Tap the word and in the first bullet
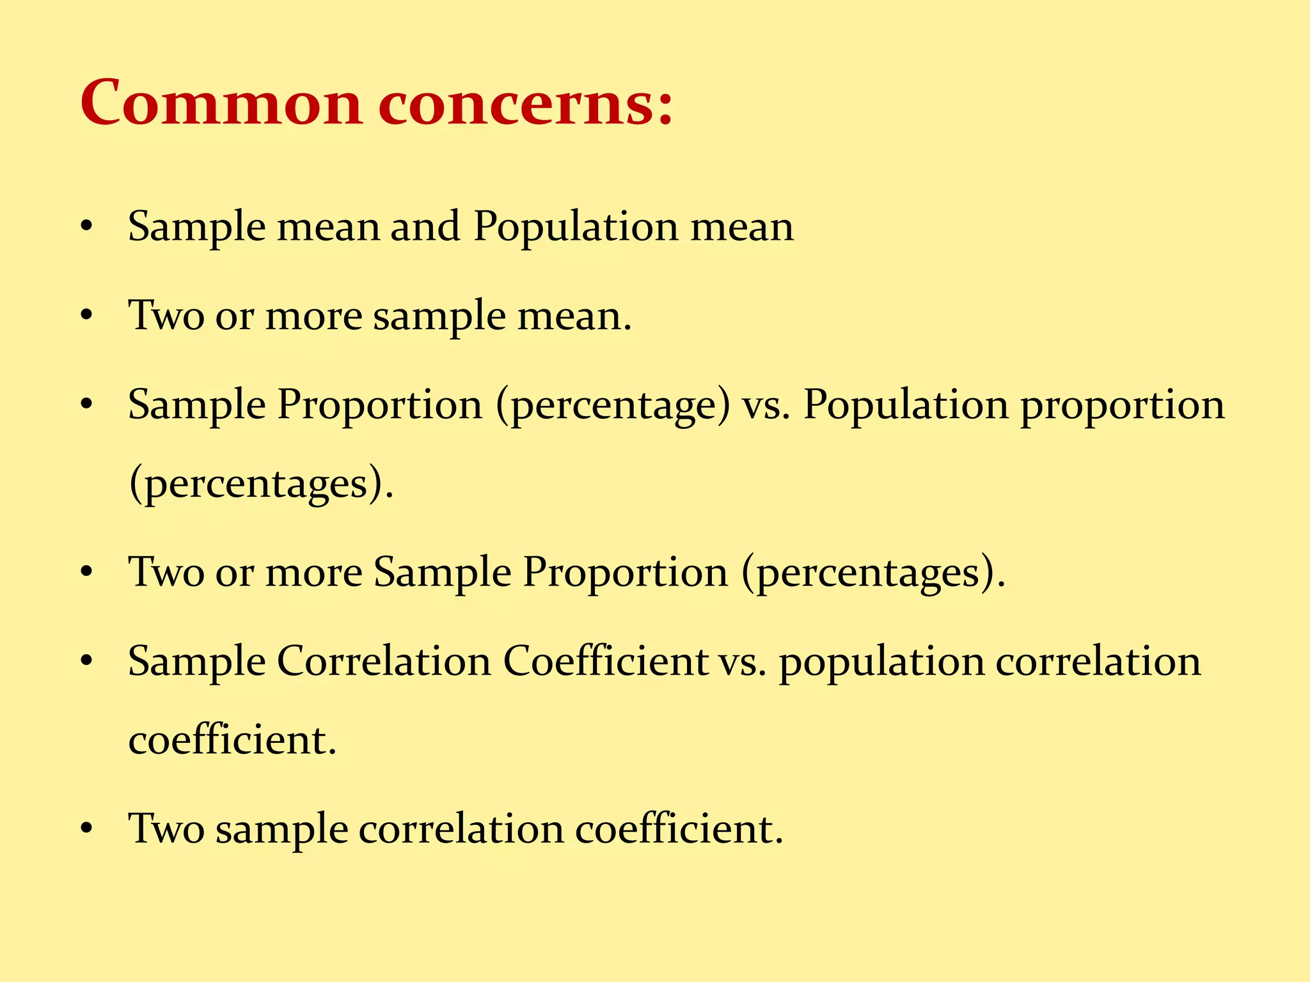coord(425,226)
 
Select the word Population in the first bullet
coord(576,228)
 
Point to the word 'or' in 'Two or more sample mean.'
coord(234,316)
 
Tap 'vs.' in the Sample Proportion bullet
coord(766,407)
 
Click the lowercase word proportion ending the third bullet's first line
coord(1123,407)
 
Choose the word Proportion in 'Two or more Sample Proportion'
coord(626,572)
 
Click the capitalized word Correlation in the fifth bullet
coord(384,661)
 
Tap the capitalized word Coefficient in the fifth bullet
coord(605,661)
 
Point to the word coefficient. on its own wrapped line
coord(232,740)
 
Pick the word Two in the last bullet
coord(166,829)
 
